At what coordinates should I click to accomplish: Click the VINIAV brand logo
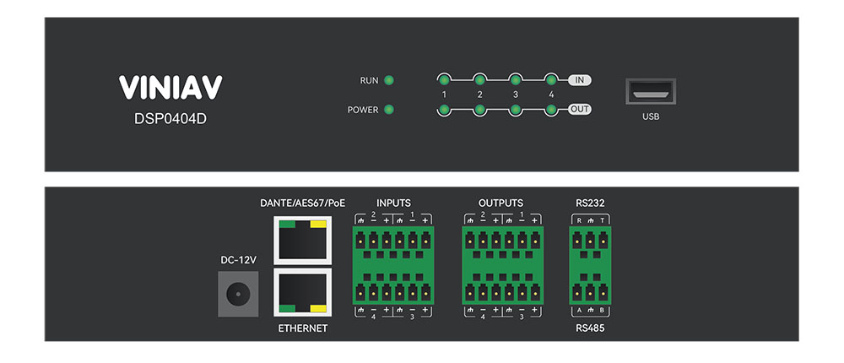point(170,88)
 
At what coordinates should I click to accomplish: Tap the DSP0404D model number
point(170,118)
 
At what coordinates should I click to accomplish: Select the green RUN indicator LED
point(389,81)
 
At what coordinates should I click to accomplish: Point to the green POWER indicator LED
point(389,110)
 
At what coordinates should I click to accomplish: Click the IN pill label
point(579,80)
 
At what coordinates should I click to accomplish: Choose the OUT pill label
point(579,109)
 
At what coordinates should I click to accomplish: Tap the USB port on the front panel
point(650,91)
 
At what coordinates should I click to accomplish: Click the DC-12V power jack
point(237,295)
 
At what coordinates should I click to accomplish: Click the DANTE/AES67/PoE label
point(303,203)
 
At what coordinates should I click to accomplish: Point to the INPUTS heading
point(393,203)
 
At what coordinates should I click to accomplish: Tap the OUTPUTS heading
point(500,203)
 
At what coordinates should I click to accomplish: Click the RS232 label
point(590,203)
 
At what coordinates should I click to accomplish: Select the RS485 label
point(590,328)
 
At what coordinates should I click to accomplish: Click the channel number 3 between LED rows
point(515,95)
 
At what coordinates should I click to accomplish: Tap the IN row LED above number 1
point(444,80)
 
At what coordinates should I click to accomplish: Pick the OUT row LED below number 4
point(550,110)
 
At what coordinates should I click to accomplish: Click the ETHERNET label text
point(302,328)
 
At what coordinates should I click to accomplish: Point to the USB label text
point(650,116)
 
